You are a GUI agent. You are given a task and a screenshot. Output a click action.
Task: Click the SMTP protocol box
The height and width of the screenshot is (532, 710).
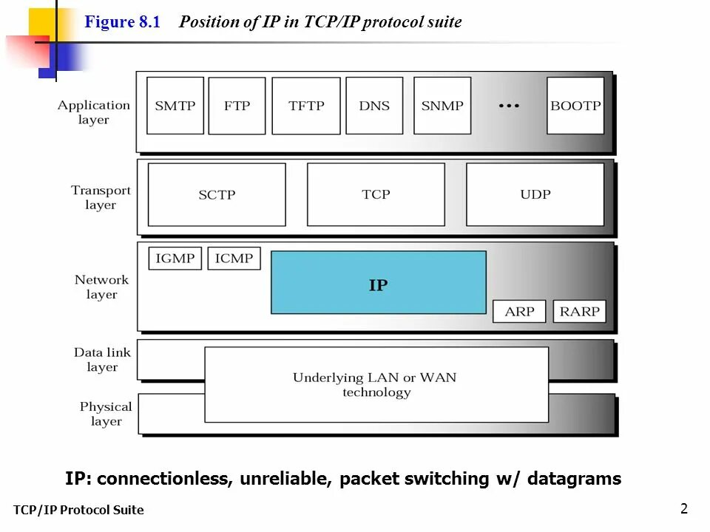click(175, 106)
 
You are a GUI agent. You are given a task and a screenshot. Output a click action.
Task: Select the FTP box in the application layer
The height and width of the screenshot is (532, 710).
click(237, 106)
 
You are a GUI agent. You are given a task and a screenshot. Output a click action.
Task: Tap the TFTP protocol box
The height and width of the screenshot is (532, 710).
click(306, 106)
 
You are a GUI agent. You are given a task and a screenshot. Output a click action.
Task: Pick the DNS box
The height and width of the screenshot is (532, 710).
click(374, 106)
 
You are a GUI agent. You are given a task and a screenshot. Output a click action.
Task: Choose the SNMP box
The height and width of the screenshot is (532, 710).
click(442, 106)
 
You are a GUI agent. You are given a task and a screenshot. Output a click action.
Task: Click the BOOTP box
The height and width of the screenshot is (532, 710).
click(575, 106)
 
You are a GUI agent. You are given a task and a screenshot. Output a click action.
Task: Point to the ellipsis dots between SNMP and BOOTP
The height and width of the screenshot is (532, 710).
click(509, 106)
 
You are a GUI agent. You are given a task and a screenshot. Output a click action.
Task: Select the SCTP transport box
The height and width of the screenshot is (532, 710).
click(217, 195)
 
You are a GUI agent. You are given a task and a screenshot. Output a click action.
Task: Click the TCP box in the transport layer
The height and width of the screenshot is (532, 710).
click(376, 194)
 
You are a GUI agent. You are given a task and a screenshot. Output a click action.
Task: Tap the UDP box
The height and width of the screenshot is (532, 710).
click(535, 194)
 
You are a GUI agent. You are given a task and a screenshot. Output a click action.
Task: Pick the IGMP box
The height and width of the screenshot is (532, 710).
click(175, 259)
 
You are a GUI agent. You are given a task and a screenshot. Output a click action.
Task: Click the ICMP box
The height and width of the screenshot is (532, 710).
click(234, 259)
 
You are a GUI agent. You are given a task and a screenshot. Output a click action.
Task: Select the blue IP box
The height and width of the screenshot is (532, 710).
click(379, 282)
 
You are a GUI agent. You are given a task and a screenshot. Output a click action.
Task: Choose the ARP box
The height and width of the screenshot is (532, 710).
click(519, 311)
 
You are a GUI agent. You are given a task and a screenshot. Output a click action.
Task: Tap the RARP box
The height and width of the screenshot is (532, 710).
click(579, 311)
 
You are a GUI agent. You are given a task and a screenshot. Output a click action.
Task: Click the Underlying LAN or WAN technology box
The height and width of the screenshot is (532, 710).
click(376, 385)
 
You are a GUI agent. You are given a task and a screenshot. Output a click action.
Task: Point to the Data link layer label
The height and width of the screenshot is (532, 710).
click(102, 360)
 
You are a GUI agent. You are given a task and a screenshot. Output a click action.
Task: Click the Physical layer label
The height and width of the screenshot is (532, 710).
click(106, 414)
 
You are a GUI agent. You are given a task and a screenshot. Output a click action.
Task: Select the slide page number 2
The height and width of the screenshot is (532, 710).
click(683, 508)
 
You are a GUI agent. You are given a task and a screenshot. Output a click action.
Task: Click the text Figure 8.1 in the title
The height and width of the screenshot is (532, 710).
click(122, 22)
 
